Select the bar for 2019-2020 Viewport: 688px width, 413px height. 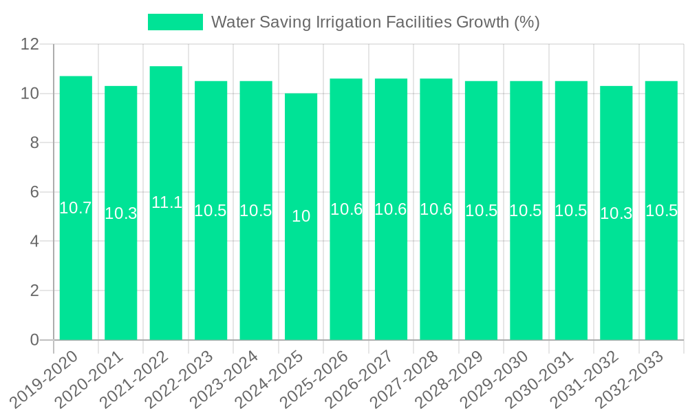(76, 262)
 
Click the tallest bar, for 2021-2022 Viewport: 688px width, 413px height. (166, 262)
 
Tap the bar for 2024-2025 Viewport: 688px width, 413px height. (301, 275)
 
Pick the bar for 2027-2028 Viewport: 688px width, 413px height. (436, 262)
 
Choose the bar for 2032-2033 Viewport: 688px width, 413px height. (661, 262)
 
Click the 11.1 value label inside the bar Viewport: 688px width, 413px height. (166, 202)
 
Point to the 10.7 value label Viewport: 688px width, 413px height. (76, 208)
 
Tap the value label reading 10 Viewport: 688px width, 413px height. (301, 216)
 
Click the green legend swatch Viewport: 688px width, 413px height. (175, 22)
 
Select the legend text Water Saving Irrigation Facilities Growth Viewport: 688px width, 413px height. (375, 22)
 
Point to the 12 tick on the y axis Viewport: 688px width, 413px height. (30, 44)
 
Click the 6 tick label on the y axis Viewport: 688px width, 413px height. (34, 192)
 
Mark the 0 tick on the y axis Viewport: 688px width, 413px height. (34, 340)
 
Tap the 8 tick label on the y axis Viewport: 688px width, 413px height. (34, 142)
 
